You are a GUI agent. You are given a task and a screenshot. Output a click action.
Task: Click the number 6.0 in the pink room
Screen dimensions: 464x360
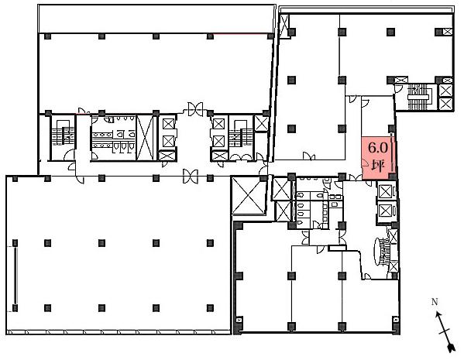(x=377, y=147)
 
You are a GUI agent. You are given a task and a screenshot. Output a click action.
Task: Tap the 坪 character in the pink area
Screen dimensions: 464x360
(x=378, y=166)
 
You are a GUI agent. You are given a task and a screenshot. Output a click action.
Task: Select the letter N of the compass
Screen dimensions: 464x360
(x=435, y=302)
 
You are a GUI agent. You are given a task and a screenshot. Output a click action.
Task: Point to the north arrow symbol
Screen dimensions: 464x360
(x=445, y=332)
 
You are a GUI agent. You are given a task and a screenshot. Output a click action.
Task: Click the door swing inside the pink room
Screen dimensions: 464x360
(x=365, y=163)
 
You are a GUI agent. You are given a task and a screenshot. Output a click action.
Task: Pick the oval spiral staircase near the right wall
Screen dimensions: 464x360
(x=378, y=251)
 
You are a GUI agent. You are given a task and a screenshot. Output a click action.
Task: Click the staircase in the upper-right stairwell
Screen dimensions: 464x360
(x=418, y=97)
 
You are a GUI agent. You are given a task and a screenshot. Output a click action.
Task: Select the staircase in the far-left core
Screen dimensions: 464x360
(x=63, y=135)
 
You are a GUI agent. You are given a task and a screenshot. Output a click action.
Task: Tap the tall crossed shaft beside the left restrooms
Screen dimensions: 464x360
(x=145, y=138)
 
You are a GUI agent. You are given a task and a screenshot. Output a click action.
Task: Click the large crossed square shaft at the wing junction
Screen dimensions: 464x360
(x=248, y=195)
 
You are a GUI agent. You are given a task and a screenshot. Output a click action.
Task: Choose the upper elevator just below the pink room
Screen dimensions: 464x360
(x=385, y=192)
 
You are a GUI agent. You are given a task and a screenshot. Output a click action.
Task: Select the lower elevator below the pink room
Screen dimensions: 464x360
(x=385, y=211)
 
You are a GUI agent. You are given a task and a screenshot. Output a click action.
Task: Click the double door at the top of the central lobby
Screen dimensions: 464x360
(x=195, y=109)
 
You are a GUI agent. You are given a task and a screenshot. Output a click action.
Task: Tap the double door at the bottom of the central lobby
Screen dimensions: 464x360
(x=191, y=177)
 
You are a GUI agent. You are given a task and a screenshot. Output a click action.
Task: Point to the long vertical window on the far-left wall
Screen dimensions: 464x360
(x=15, y=276)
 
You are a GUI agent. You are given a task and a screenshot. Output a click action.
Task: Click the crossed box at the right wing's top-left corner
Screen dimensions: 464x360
(x=284, y=26)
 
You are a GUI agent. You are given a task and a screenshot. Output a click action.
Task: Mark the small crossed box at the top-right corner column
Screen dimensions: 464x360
(x=448, y=32)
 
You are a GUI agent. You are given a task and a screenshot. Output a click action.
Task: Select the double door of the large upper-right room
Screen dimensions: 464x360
(x=309, y=156)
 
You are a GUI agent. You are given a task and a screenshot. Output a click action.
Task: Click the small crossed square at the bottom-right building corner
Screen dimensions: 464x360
(x=396, y=320)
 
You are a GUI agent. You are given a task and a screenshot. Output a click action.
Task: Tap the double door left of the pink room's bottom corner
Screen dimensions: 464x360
(x=355, y=177)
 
